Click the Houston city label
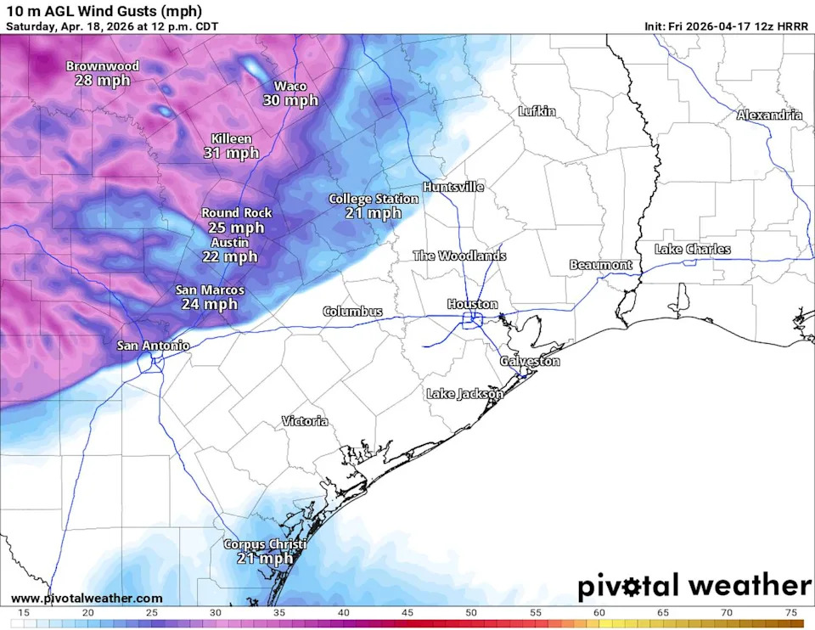click(x=473, y=304)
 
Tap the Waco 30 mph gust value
click(x=290, y=100)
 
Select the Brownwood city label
click(x=102, y=66)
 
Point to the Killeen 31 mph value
click(x=231, y=154)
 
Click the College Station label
click(x=374, y=199)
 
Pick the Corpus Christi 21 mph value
click(x=265, y=559)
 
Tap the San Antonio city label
click(x=153, y=346)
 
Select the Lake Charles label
click(x=692, y=250)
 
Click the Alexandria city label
click(x=769, y=115)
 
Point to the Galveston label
click(x=530, y=361)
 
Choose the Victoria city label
click(x=305, y=421)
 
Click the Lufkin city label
click(x=537, y=111)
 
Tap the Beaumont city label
click(x=601, y=265)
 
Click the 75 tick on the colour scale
click(x=790, y=613)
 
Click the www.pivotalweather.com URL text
click(x=86, y=599)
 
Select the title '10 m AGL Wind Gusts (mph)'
click(x=104, y=11)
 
